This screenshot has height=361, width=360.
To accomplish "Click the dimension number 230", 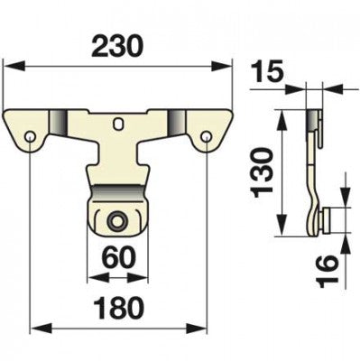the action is (118, 47).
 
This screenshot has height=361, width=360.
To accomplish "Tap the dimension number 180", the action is (118, 307).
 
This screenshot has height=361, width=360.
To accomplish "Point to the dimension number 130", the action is (263, 172).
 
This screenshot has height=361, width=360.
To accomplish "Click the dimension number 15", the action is (267, 72).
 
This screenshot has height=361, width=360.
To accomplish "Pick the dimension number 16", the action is (328, 271).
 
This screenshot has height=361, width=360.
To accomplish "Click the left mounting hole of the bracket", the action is (31, 136).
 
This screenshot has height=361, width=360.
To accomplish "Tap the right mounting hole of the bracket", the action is (206, 136).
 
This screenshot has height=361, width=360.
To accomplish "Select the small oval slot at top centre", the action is (119, 123).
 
